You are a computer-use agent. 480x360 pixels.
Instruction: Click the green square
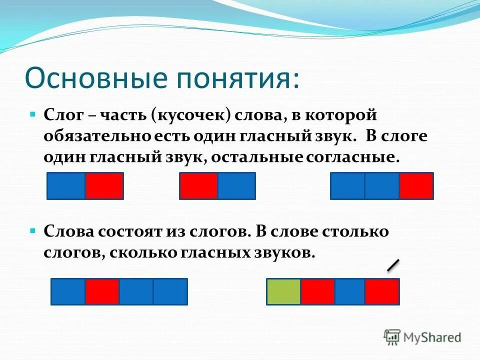coord(283,291)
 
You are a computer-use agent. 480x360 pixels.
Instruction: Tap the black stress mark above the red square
coord(393,265)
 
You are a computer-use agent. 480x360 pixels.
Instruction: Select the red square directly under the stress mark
coord(382,291)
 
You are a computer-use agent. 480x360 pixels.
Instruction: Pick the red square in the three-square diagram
coord(416,186)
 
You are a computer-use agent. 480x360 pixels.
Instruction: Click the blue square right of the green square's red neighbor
coord(349,291)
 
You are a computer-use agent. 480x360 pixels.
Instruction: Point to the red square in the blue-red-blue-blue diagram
coord(102,291)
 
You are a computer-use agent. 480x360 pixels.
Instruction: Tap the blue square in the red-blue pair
coord(236,186)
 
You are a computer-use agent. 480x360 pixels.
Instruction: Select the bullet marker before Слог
coord(33,115)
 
